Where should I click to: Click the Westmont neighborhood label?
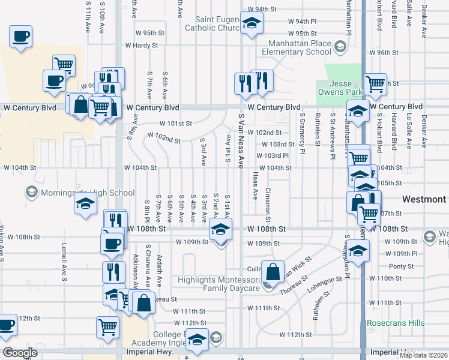point(424,199)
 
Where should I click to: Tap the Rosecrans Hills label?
point(396,323)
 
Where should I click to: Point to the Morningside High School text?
point(87,193)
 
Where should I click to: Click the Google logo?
point(20,352)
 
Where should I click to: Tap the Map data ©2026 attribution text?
point(424,355)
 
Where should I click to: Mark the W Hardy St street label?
point(141,45)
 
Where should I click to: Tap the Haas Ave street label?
point(255,186)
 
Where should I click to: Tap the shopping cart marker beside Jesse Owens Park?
point(375,84)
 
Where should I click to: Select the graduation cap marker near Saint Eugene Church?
point(252,23)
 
